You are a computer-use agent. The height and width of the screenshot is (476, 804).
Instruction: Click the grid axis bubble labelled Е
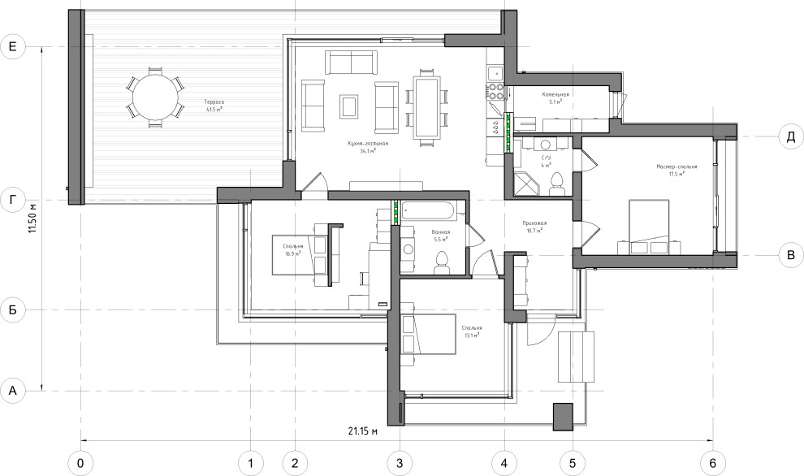click(x=13, y=48)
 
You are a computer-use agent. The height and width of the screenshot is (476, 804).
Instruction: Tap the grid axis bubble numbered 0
click(x=80, y=462)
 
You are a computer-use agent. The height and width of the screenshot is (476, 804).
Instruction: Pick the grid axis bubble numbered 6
click(x=713, y=462)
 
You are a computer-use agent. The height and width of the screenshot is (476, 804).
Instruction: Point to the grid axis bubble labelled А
click(x=13, y=391)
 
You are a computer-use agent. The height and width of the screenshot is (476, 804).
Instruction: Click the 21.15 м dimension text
click(x=363, y=431)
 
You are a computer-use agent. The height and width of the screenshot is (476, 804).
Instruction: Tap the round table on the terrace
click(x=154, y=97)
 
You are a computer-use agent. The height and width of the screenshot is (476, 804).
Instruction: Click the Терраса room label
click(x=214, y=102)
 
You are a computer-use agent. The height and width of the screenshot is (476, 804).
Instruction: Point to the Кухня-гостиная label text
click(x=367, y=143)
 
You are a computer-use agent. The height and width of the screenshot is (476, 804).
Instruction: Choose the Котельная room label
click(x=555, y=94)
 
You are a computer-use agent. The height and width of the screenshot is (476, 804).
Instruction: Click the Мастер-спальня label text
click(x=672, y=167)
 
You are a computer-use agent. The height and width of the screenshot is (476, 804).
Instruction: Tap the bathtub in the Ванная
click(x=431, y=211)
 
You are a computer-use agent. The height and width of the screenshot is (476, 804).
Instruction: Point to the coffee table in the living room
click(x=349, y=106)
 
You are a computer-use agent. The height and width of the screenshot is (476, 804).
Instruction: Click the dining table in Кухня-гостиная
click(x=426, y=106)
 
